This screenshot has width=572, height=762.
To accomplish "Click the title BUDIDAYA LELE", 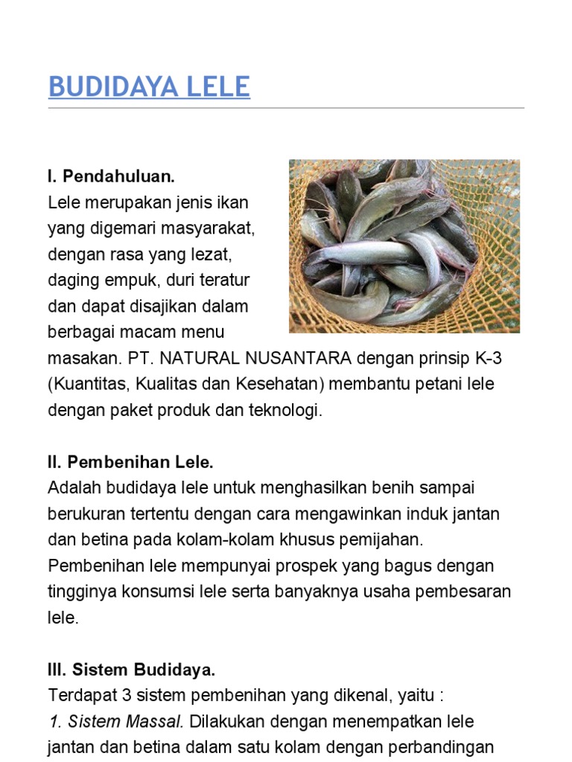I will point(149,87).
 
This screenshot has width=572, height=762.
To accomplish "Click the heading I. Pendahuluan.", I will point(111,176).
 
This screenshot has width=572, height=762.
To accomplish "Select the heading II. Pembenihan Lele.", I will point(130,462).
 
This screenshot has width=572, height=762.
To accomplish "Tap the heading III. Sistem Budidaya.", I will point(131,669).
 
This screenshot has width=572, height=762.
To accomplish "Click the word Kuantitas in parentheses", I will point(85,385).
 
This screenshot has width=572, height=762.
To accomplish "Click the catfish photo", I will point(404,246).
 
